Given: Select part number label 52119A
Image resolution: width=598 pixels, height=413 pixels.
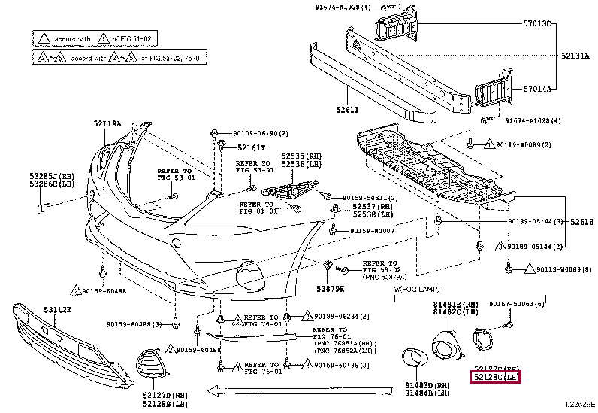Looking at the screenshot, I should coord(107,123).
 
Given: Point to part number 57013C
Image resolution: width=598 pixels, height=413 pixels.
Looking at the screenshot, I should coord(536,23).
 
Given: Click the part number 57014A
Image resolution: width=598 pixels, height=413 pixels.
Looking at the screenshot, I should coord(536,88).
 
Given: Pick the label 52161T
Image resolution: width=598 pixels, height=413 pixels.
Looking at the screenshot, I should coord(252,147).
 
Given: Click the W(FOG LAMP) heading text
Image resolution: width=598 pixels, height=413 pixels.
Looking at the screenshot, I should coord(414,289).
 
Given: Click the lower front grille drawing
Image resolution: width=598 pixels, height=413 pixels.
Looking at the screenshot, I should coord(53,339).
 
